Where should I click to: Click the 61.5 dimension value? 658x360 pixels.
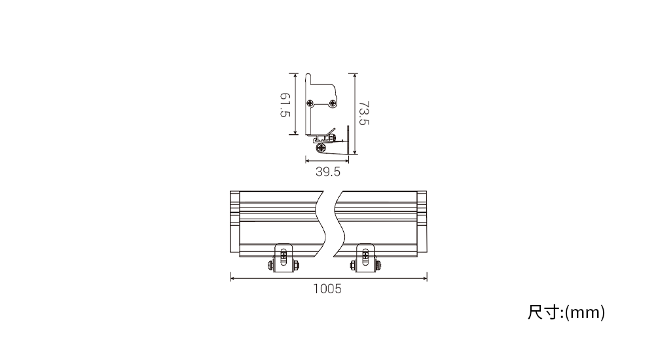click(285, 105)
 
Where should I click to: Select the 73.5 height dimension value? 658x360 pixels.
click(364, 113)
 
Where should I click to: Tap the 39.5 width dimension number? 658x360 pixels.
click(328, 172)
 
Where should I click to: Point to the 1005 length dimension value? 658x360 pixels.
click(327, 289)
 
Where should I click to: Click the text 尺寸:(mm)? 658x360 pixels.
click(566, 313)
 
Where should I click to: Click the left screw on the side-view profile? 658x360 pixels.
click(310, 103)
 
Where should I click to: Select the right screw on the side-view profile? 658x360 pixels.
click(333, 103)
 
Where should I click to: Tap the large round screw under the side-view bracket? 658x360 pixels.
click(322, 147)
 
